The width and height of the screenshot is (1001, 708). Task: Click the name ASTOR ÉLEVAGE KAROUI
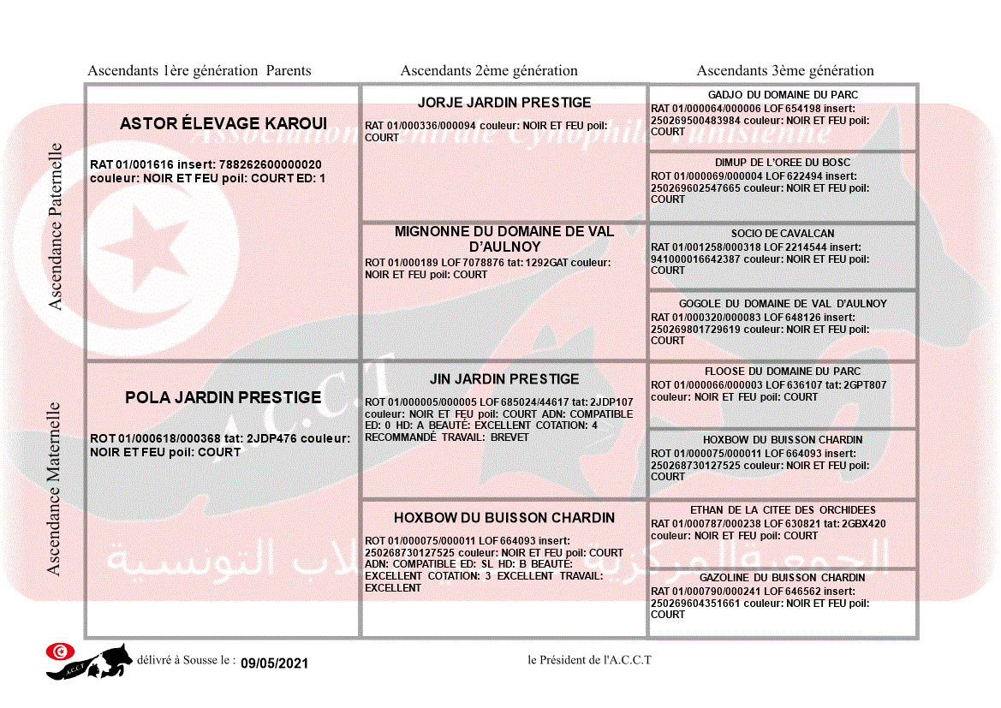pos(223,124)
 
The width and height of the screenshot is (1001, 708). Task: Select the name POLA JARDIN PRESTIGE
pos(223,397)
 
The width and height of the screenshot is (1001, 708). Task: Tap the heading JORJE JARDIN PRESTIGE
pos(504,103)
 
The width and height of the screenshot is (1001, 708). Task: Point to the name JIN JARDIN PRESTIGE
pos(504,378)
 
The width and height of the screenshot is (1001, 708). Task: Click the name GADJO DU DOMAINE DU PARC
pos(783,95)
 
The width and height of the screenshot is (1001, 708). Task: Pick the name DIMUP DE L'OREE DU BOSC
pos(783,163)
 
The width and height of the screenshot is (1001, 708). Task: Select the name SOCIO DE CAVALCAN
pos(783,234)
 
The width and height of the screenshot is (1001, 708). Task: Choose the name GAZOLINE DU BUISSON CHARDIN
pos(783,578)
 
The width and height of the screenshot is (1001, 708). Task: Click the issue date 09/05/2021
pos(273,663)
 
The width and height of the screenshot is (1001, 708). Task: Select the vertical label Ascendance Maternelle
pos(55,488)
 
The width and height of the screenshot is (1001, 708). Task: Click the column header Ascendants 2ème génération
pos(489,71)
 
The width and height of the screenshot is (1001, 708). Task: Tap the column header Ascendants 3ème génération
pos(785,71)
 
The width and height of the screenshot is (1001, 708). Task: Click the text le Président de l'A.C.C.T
pos(589,660)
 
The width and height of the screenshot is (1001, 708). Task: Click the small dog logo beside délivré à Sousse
pos(90,661)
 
